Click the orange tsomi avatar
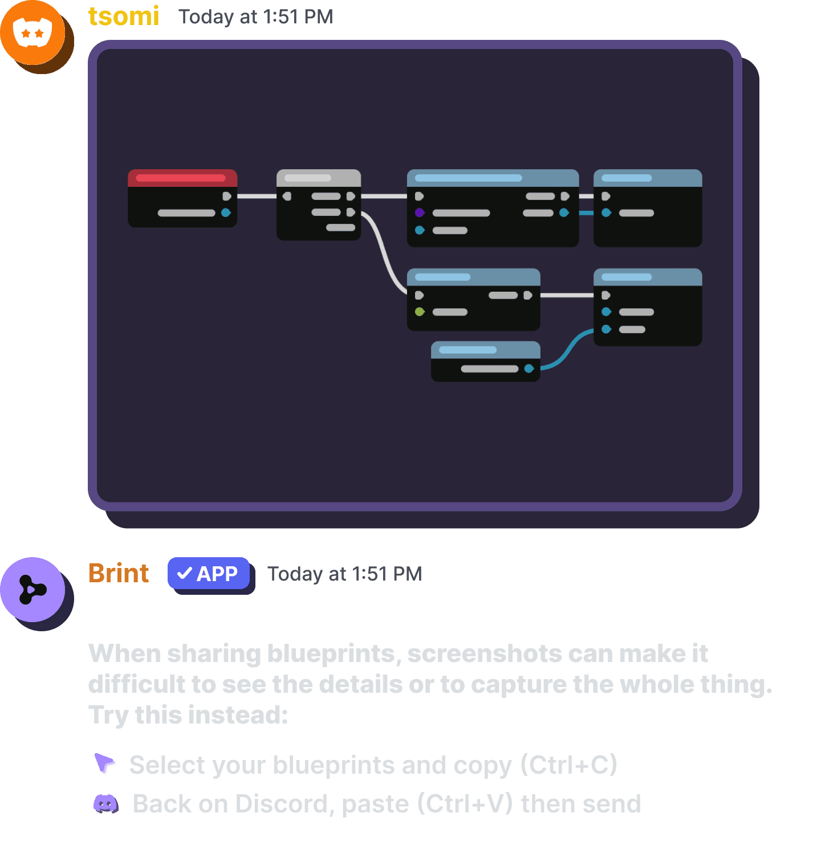pyautogui.click(x=32, y=32)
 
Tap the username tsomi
pyautogui.click(x=123, y=16)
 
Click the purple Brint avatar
pyautogui.click(x=32, y=589)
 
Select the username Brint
pyautogui.click(x=119, y=573)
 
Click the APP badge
pyautogui.click(x=208, y=573)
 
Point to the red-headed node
pyautogui.click(x=182, y=198)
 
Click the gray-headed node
pyautogui.click(x=318, y=204)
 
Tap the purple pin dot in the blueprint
pyautogui.click(x=420, y=213)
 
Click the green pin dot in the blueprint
pyautogui.click(x=420, y=312)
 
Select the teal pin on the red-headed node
pyautogui.click(x=226, y=213)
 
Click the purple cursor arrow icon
pyautogui.click(x=105, y=763)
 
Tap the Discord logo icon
pyautogui.click(x=105, y=804)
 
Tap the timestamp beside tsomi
pyautogui.click(x=255, y=17)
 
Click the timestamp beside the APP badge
pyautogui.click(x=344, y=574)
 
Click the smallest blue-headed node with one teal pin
pyautogui.click(x=485, y=361)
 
